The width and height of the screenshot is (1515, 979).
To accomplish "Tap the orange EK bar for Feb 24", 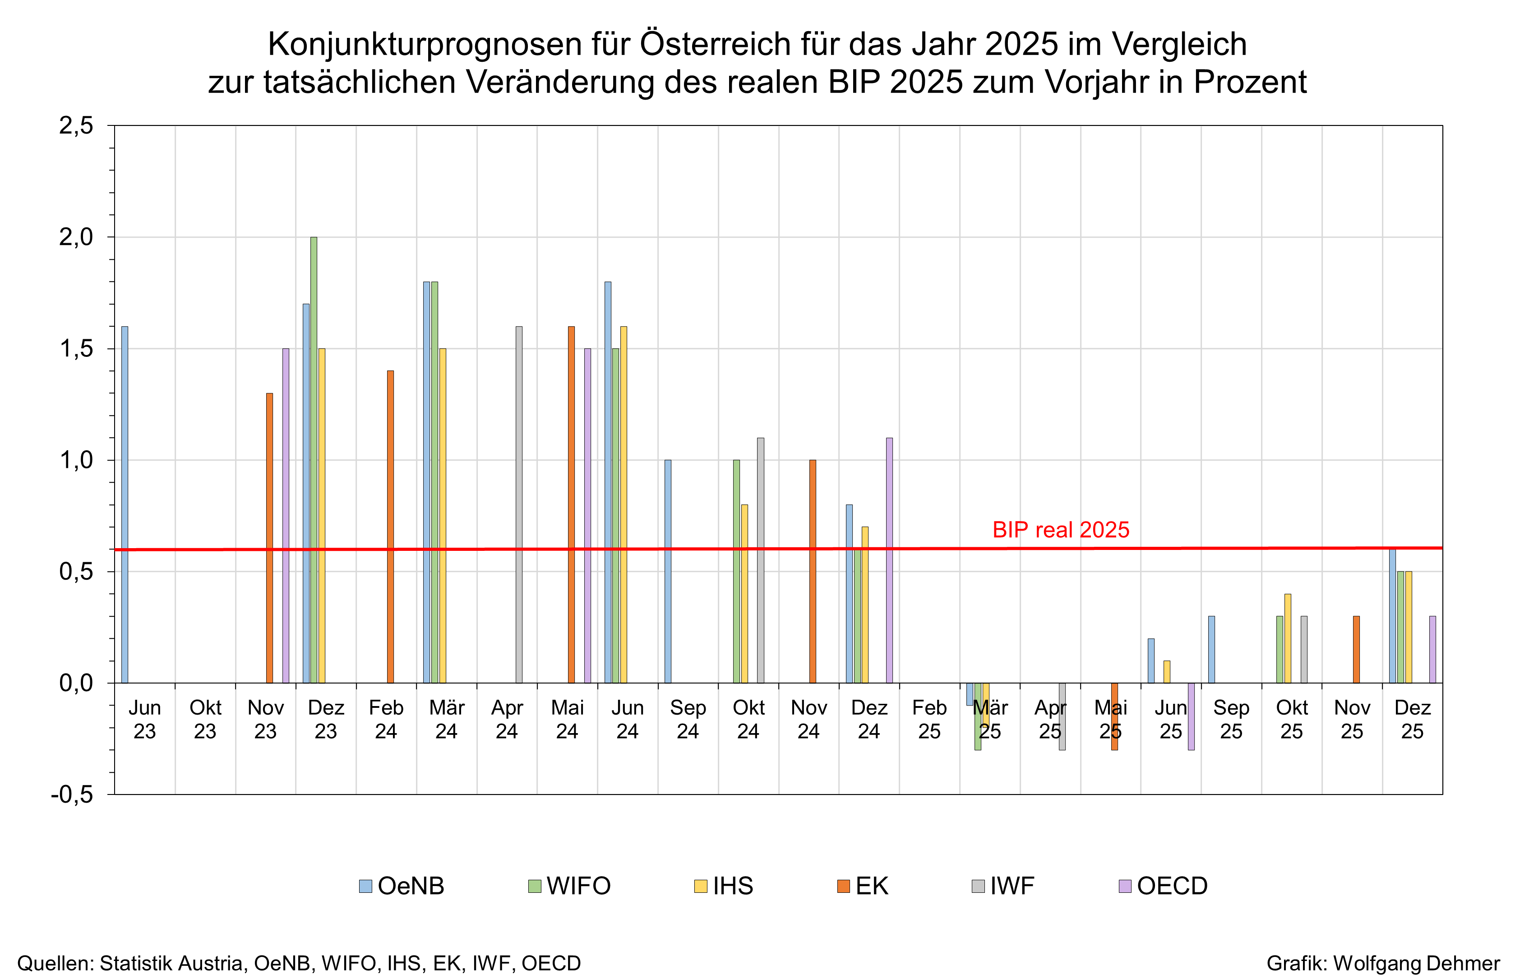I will [x=390, y=526].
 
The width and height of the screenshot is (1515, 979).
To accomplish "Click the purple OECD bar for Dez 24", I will [x=889, y=559].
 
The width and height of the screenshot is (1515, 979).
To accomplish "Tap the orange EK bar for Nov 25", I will [x=1356, y=649].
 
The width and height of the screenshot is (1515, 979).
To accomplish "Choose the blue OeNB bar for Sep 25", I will [x=1211, y=649].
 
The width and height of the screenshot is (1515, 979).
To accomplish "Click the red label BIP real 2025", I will [x=1060, y=530].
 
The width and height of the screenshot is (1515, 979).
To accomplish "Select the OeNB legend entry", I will [x=402, y=886].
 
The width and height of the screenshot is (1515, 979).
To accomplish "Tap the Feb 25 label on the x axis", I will [x=929, y=719].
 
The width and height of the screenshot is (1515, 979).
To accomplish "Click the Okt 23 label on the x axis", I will [x=205, y=719].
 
